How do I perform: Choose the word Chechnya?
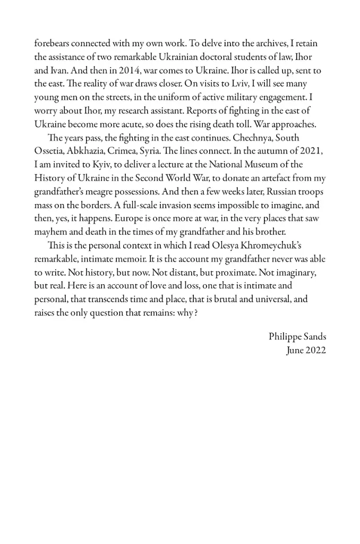(255, 138)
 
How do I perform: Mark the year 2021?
(312, 151)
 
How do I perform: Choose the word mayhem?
(51, 232)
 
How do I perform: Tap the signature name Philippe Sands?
(297, 337)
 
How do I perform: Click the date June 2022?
(306, 350)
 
